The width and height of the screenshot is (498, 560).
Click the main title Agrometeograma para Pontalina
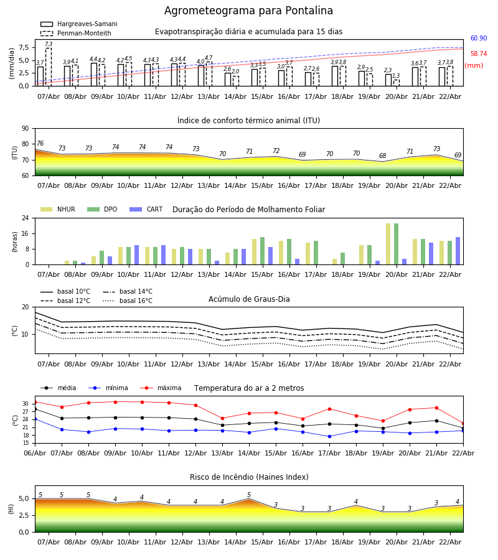pos(248,11)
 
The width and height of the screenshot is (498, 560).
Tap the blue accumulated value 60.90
pos(478,39)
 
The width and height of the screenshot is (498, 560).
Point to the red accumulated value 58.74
pos(478,54)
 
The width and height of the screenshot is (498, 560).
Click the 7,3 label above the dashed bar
pos(49,45)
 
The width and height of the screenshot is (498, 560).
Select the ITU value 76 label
pos(40,144)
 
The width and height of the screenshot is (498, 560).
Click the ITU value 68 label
pos(382,156)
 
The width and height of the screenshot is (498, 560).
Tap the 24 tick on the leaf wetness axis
pos(26,218)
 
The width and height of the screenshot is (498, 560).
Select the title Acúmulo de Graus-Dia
pos(249,299)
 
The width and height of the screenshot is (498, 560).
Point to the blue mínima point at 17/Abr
pos(329,436)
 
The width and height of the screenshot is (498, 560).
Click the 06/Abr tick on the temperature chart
pos(35,453)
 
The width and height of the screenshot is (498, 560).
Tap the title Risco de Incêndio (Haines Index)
pos(249,477)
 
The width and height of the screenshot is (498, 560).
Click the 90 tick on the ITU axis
pos(26,129)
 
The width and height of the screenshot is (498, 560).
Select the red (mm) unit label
pos(473,66)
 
